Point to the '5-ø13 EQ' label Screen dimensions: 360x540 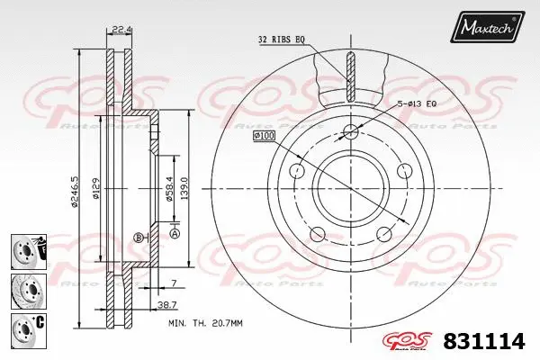[418, 105]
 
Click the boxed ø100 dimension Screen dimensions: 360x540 [264, 135]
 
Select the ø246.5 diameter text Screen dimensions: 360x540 [75, 180]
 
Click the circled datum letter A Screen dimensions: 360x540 [175, 234]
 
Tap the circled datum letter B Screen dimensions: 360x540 [138, 238]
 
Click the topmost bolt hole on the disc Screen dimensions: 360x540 [352, 132]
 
